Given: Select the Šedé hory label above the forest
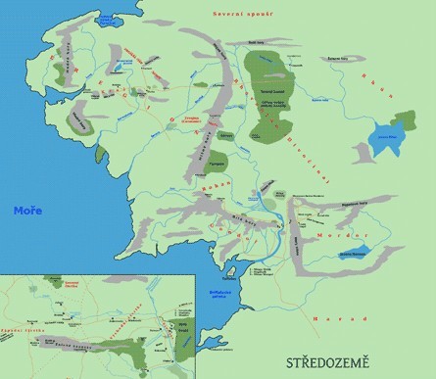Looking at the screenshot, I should (256, 40).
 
